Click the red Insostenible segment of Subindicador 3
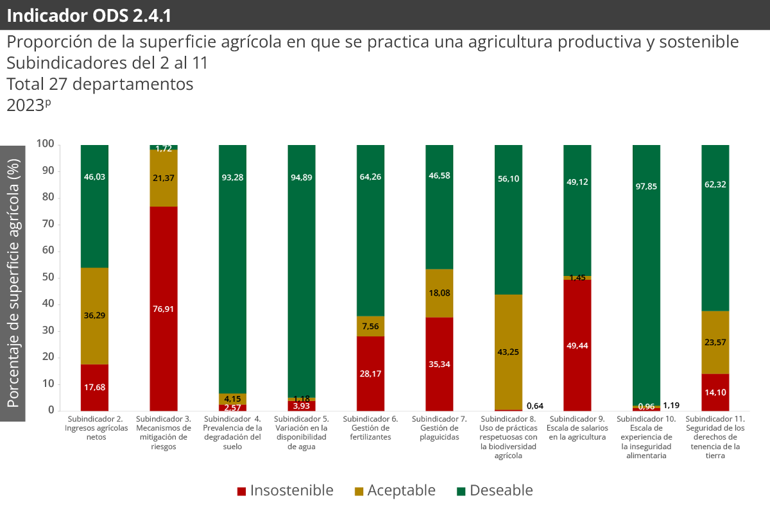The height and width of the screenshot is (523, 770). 163,309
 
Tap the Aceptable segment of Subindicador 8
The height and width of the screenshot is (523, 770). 508,352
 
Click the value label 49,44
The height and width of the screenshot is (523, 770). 577,345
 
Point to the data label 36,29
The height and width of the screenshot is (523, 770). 94,316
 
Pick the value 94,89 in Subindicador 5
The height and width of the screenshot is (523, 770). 301,177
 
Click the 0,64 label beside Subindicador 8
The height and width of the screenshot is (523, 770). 535,406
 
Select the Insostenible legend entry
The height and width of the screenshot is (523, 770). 285,491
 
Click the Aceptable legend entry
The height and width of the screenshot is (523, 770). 395,491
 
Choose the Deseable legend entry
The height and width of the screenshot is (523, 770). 495,491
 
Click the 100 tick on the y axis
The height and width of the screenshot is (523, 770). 44,144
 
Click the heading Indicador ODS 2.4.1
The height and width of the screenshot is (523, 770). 89,15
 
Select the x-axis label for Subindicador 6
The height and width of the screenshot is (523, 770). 370,428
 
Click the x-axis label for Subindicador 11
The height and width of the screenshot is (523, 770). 715,436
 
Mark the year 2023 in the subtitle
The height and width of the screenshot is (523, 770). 24,105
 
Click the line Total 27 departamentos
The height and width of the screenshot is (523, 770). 99,84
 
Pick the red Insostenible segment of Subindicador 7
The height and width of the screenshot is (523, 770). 439,364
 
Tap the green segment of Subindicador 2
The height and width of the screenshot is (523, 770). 94,205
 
